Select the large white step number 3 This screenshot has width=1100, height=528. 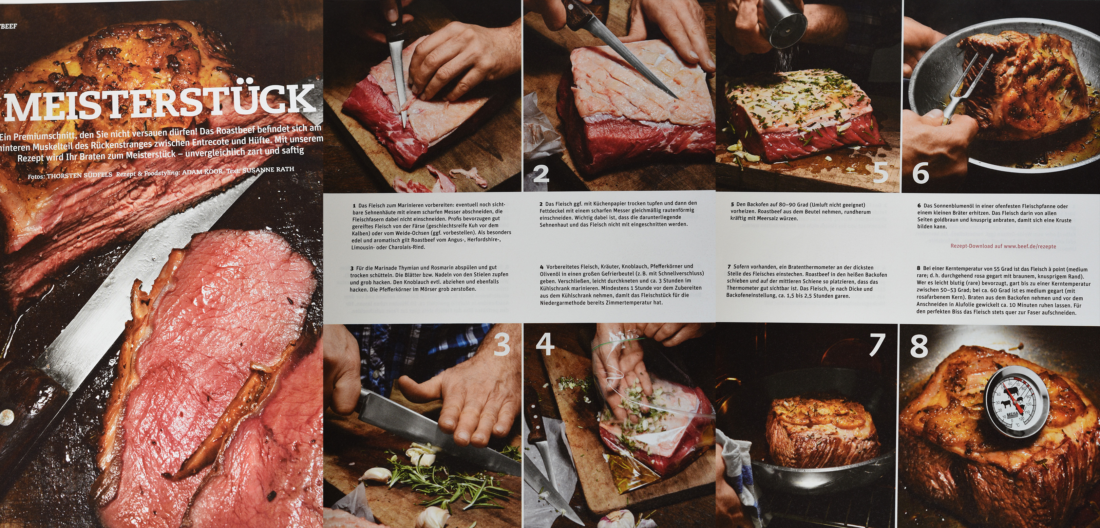pyautogui.click(x=502, y=345)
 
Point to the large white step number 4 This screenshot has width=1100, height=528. pyautogui.click(x=545, y=344)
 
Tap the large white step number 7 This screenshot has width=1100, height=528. pyautogui.click(x=877, y=345)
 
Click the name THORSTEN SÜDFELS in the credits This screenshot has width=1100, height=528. pyautogui.click(x=79, y=175)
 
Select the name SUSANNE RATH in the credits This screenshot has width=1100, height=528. pyautogui.click(x=268, y=169)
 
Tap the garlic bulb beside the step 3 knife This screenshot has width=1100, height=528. pyautogui.click(x=423, y=454)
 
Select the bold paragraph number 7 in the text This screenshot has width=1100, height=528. pyautogui.click(x=729, y=267)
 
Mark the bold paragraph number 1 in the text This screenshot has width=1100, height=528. pyautogui.click(x=354, y=205)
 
